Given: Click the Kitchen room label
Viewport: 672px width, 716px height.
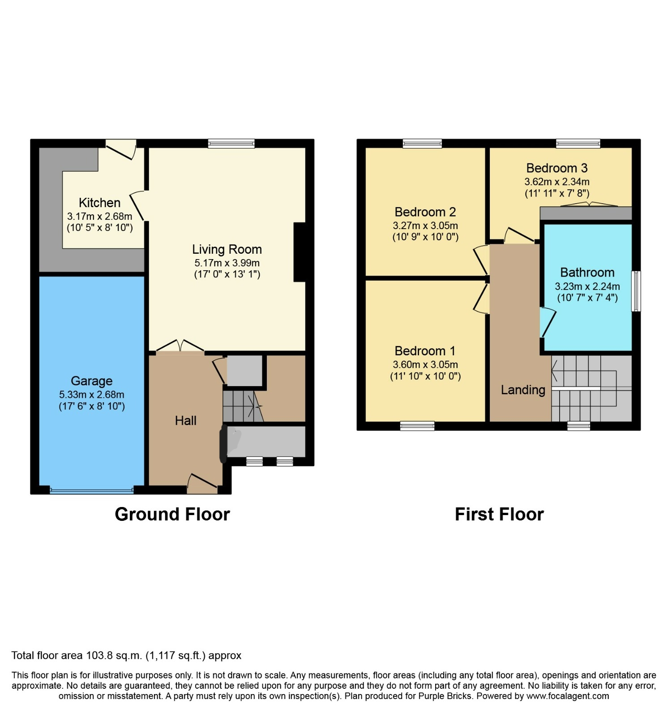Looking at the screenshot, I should (99, 203).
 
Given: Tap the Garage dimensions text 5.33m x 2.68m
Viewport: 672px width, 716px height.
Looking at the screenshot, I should (92, 395).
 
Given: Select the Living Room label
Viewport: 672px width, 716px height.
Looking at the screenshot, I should (227, 249).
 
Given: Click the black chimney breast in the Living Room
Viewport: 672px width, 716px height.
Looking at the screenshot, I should (300, 252).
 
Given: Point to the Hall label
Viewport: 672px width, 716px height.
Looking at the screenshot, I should (185, 421).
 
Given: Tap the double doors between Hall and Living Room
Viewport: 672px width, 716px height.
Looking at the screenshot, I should (180, 347).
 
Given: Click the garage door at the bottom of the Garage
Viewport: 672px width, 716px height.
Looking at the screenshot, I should (92, 490).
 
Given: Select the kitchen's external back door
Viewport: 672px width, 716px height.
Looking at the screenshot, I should (121, 149).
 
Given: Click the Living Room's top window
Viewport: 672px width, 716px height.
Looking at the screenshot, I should (231, 144).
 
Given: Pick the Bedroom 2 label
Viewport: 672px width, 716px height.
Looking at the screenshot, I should (425, 212).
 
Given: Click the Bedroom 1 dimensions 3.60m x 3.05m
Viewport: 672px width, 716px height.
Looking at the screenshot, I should (425, 365).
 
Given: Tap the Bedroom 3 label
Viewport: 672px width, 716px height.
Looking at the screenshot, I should (557, 168).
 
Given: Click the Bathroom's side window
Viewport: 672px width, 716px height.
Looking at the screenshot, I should (636, 291).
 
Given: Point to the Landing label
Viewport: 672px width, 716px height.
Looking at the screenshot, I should (523, 390).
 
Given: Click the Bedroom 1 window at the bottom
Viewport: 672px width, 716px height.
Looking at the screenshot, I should (417, 426).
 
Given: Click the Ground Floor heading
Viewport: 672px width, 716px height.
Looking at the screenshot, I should (172, 514).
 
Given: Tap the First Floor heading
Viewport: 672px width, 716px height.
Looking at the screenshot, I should (499, 514).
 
